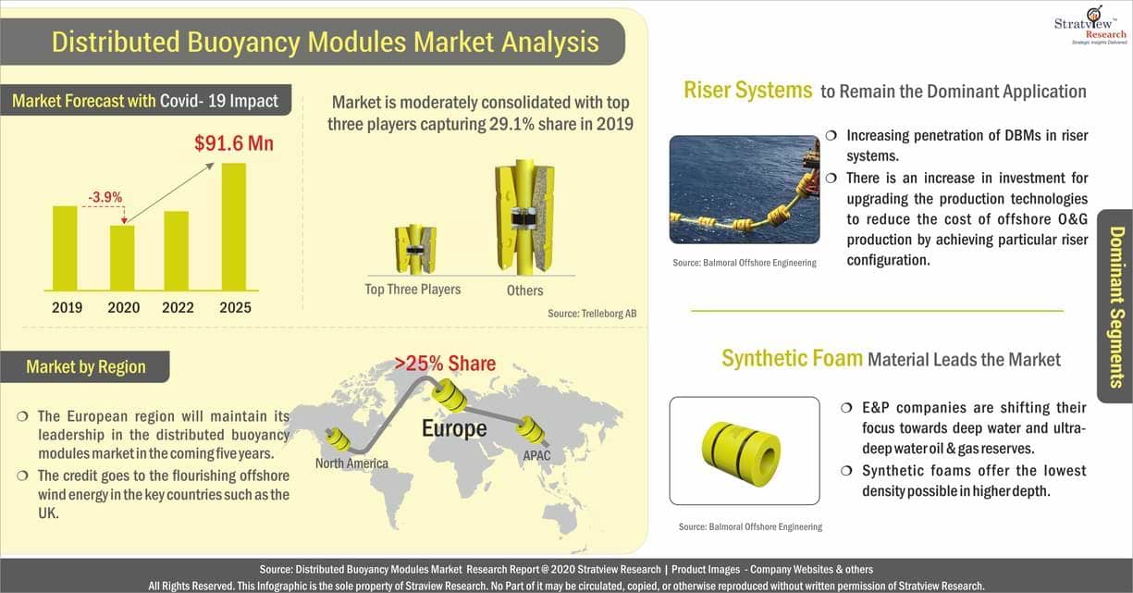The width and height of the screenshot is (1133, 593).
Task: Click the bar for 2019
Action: (66, 248)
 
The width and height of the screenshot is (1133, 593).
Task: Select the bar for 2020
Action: (122, 258)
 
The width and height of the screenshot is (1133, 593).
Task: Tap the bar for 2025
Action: (234, 227)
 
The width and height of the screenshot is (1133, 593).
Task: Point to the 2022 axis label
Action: (178, 307)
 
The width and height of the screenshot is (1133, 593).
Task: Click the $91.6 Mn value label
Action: (234, 143)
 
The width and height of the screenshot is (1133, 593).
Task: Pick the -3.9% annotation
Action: (105, 197)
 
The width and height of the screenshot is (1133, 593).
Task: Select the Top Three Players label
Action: (413, 289)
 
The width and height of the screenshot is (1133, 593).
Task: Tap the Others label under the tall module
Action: (525, 290)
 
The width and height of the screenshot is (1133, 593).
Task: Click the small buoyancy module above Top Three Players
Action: (415, 250)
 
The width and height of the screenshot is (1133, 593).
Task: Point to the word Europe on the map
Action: (454, 428)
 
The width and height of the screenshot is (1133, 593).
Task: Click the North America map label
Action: (351, 463)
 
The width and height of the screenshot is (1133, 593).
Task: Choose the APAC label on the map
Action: (536, 455)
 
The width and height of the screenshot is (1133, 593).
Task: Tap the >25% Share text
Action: (445, 364)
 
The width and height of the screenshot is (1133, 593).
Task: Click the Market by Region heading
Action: (85, 367)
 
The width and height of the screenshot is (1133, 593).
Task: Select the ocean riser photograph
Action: (745, 190)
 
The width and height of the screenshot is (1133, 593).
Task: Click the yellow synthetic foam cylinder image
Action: (742, 453)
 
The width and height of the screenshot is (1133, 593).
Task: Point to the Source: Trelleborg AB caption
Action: (592, 314)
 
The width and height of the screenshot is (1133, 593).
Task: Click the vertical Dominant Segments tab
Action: (1116, 306)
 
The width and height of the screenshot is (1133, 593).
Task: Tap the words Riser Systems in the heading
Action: (747, 90)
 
